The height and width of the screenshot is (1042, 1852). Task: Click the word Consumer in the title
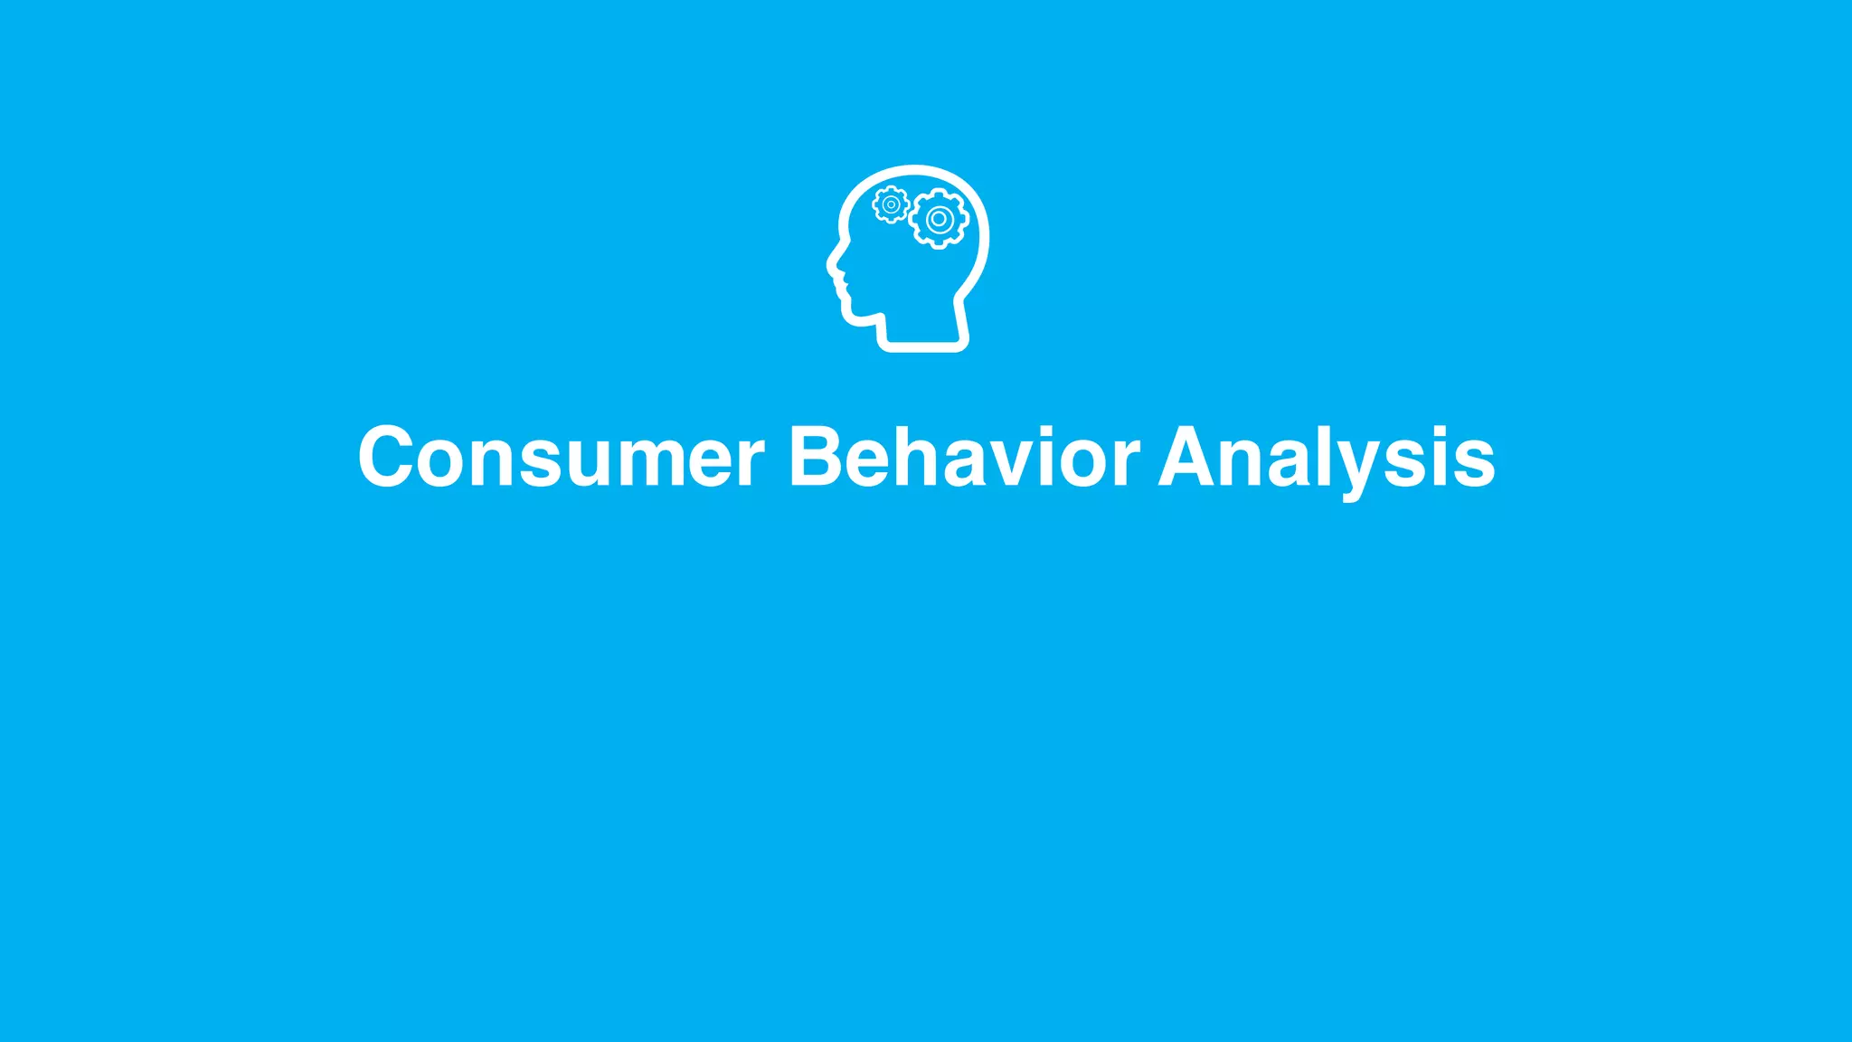561,457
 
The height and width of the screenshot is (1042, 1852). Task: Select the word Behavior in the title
964,457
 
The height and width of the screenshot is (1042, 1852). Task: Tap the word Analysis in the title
1327,457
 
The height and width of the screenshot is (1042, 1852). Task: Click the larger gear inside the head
940,219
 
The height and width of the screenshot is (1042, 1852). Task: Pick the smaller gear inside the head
891,204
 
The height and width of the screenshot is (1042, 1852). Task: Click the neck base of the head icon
923,344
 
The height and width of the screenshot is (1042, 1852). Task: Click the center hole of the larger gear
940,219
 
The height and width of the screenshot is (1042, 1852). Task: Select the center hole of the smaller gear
891,204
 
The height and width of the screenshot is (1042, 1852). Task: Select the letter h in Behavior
907,457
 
